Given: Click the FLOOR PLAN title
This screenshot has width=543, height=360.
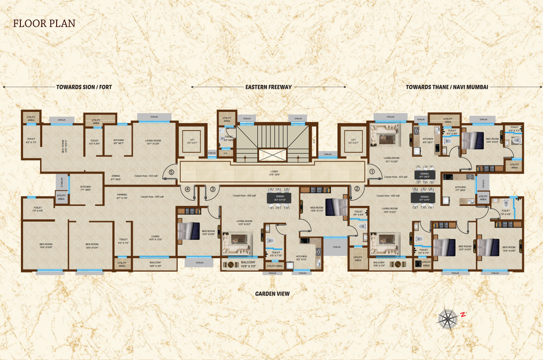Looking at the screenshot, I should click(x=44, y=23).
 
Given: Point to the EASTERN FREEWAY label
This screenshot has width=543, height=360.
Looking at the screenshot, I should click(x=268, y=87).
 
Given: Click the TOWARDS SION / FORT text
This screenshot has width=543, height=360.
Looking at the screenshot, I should click(x=84, y=87).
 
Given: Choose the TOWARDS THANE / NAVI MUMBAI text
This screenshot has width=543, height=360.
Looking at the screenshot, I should click(x=447, y=87).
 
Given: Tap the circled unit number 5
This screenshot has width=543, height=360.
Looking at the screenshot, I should click(x=171, y=172).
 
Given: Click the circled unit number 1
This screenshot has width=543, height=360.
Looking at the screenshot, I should click(x=372, y=172).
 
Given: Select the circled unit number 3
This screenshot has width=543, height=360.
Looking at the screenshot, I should click(x=212, y=189).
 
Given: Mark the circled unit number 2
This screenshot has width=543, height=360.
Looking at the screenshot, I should click(x=357, y=189).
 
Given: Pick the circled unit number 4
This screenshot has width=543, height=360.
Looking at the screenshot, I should click(x=188, y=189).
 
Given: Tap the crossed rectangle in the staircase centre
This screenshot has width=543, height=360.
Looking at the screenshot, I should click(x=272, y=155).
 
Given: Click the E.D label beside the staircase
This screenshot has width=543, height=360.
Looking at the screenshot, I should click(x=314, y=141).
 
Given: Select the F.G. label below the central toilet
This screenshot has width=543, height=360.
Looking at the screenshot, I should click(x=226, y=153).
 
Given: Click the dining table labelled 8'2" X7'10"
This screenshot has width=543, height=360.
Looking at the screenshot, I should click(x=279, y=198).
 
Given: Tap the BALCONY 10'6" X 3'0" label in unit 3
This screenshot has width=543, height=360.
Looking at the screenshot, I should click(x=248, y=264).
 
